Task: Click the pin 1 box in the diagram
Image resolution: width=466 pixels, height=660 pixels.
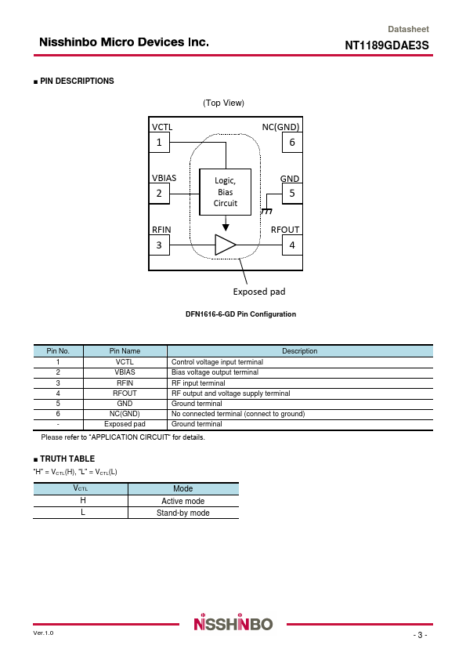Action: tap(160, 143)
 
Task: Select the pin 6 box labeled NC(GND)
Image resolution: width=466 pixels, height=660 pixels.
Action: tap(292, 143)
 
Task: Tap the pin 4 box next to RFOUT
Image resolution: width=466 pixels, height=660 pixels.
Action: tap(292, 245)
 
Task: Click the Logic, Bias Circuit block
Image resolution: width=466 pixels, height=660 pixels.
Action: tap(226, 192)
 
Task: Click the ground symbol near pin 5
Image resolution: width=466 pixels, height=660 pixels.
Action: tap(266, 211)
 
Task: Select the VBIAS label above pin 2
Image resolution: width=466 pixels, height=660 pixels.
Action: tap(164, 178)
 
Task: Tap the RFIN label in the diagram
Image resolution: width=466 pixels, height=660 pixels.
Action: tap(161, 230)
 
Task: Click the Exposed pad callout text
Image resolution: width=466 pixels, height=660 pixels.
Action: tap(259, 292)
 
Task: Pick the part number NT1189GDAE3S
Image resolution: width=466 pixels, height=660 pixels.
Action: tap(387, 45)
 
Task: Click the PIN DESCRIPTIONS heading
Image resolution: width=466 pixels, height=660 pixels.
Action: tap(77, 81)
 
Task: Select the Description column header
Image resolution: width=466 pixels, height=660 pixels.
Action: tap(300, 351)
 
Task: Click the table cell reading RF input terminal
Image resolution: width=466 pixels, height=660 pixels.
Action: tap(198, 383)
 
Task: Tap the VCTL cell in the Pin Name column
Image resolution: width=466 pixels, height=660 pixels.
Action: tap(125, 362)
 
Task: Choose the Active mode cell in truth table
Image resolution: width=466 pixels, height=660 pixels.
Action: tap(183, 501)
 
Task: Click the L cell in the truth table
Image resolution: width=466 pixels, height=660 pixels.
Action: tap(83, 513)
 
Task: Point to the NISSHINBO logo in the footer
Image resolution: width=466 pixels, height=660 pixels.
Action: tap(233, 622)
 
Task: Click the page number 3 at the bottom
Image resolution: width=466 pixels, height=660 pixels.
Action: tap(420, 635)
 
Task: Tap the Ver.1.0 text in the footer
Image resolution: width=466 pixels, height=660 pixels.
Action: tap(43, 633)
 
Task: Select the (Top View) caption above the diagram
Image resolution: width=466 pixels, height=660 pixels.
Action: tap(224, 103)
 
